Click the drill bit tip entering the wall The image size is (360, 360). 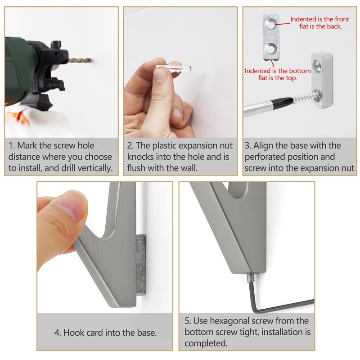coord(90,61)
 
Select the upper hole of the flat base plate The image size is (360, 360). coord(270,25)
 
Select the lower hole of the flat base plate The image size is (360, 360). coord(270,49)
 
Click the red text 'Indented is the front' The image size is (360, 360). coord(319,19)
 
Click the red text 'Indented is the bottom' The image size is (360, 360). coord(278,71)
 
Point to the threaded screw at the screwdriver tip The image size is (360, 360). coord(303,96)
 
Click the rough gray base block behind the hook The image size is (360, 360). coord(141,265)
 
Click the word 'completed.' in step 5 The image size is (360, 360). coord(206,343)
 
